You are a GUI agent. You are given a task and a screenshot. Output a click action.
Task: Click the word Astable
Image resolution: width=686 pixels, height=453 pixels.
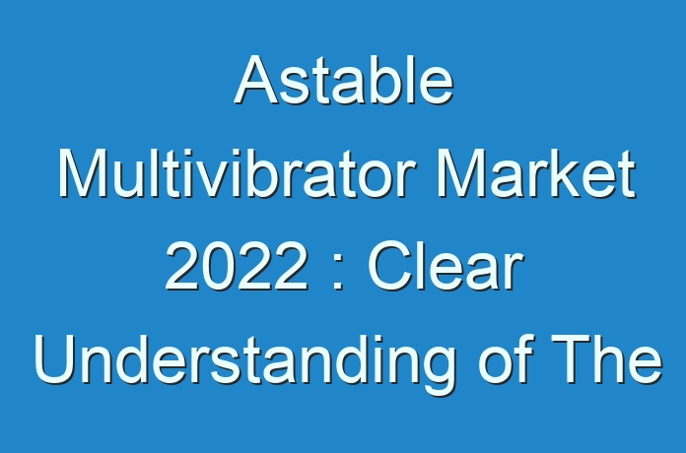click(344, 80)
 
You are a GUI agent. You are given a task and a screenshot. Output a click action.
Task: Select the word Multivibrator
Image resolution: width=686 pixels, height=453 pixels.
click(237, 173)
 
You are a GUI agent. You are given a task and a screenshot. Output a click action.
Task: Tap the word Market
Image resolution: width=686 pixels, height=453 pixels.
click(536, 173)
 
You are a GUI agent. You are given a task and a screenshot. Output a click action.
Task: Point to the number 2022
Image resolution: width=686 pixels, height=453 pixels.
click(237, 267)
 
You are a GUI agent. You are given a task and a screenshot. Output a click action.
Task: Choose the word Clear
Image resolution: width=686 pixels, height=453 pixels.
click(446, 267)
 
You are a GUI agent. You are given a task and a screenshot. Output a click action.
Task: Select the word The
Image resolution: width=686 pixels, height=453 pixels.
click(607, 359)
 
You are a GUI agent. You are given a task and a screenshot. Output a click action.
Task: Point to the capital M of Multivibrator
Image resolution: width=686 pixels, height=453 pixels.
click(83, 173)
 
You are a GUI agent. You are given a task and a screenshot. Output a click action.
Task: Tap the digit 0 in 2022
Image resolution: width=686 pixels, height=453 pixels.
click(219, 267)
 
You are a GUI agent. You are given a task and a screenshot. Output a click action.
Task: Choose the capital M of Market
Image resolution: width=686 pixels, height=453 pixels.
click(462, 173)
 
